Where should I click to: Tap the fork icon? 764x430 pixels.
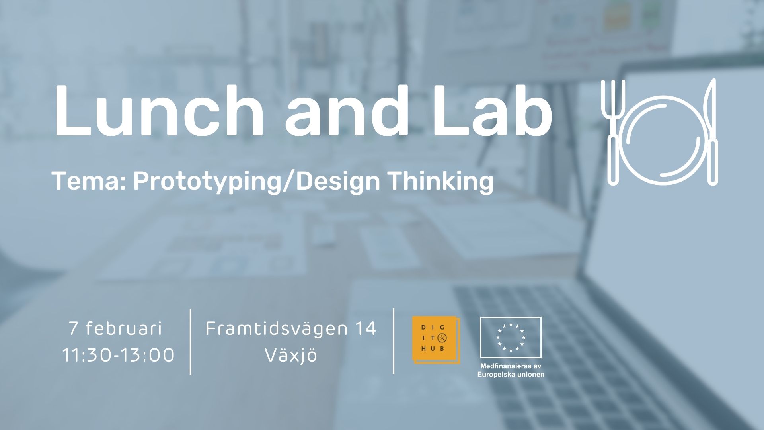(x=613, y=132)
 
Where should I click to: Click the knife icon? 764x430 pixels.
(x=711, y=132)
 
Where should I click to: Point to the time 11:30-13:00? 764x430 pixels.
(x=118, y=355)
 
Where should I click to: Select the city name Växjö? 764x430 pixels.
(x=291, y=355)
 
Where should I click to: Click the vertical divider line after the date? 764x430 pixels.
(x=191, y=341)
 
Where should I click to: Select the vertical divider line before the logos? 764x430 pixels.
(x=394, y=341)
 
